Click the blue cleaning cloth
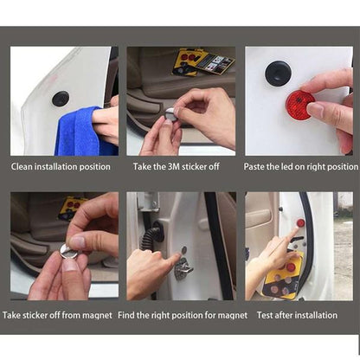(x=80, y=132)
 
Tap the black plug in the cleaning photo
(x=61, y=98)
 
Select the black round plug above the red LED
(x=278, y=71)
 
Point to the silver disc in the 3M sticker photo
(x=170, y=115)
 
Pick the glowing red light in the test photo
(x=300, y=222)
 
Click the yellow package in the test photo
(x=283, y=276)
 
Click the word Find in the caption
(x=126, y=315)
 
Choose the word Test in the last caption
(x=265, y=315)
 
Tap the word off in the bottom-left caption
(x=55, y=315)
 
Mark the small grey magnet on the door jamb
(x=183, y=250)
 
